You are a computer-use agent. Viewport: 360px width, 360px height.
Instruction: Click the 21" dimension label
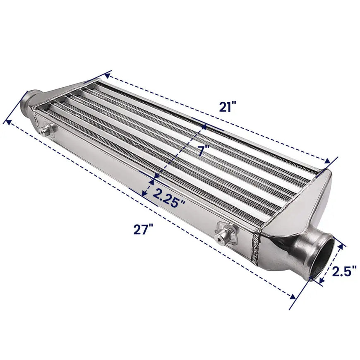point(227,107)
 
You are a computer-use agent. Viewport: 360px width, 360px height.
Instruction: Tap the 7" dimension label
point(203,150)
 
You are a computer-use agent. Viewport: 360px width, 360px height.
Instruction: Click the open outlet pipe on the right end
point(322,258)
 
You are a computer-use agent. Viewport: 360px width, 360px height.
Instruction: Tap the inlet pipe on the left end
point(26,102)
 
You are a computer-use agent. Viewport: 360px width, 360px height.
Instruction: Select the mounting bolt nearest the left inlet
point(46,130)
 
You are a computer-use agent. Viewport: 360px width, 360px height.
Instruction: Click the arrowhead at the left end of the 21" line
point(107,75)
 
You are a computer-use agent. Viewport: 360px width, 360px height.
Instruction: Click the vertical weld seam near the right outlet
point(255,246)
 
